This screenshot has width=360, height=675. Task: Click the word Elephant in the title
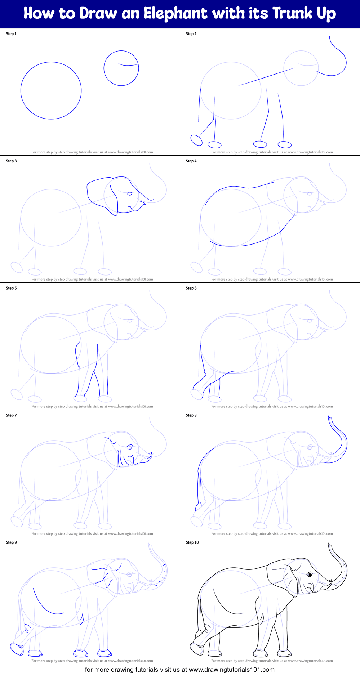click(175, 14)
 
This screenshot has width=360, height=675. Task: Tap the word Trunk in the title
click(292, 14)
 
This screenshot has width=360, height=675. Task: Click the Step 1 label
click(12, 34)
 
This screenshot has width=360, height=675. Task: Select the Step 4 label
click(191, 161)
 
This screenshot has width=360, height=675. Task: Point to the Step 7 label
click(12, 415)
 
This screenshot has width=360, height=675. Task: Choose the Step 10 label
click(192, 542)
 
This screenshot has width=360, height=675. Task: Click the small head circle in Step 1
click(121, 68)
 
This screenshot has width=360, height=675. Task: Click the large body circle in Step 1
click(51, 91)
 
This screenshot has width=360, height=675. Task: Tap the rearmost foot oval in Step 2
click(196, 140)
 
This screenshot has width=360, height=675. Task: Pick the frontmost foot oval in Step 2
click(285, 145)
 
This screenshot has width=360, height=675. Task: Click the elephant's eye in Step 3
click(130, 194)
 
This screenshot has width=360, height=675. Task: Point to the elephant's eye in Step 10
click(310, 575)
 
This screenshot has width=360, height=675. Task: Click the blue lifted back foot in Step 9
click(17, 649)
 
